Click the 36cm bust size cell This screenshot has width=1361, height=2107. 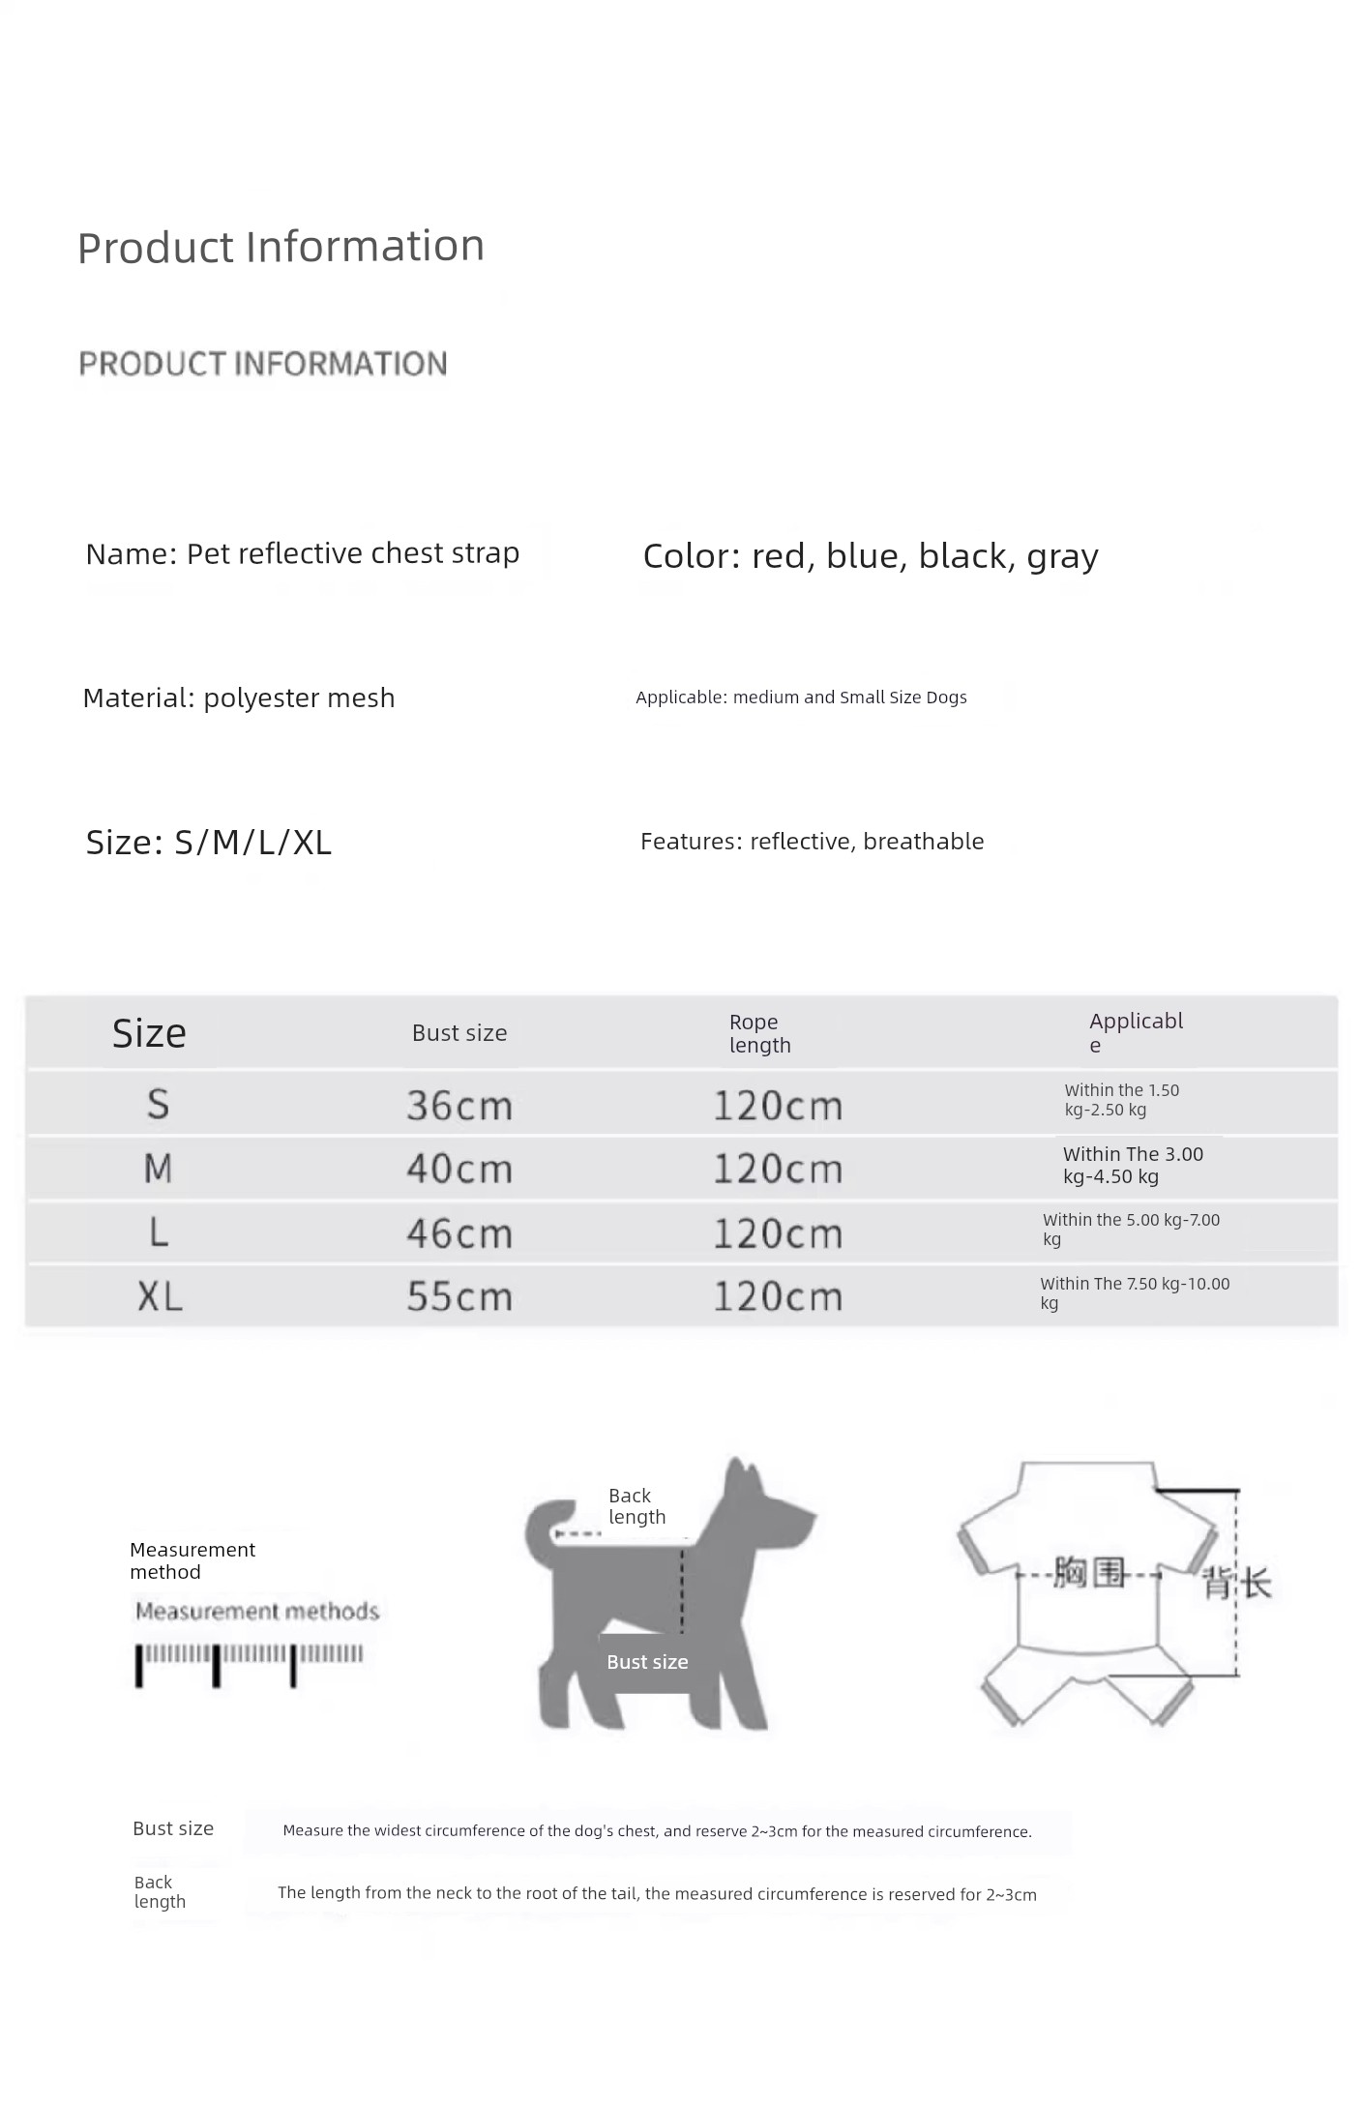(459, 1105)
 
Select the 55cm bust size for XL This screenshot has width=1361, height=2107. (459, 1296)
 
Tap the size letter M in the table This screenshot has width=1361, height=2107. (158, 1169)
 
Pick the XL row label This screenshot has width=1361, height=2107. (160, 1296)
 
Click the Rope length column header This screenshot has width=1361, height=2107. (759, 1033)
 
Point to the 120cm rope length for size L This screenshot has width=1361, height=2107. (778, 1233)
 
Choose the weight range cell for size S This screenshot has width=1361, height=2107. (1122, 1100)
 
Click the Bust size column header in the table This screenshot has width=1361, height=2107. (459, 1033)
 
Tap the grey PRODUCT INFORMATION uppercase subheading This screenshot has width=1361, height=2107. (263, 364)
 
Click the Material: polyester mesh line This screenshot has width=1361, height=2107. (239, 697)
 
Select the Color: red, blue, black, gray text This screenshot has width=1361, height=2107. (871, 556)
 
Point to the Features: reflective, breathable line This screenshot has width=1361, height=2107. (812, 842)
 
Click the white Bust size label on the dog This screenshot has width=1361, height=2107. (647, 1662)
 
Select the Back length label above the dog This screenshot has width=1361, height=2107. (636, 1506)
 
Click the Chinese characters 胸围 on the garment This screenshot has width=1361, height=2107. (1090, 1573)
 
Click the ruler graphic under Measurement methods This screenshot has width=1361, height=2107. (250, 1664)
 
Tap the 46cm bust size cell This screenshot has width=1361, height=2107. (459, 1233)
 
